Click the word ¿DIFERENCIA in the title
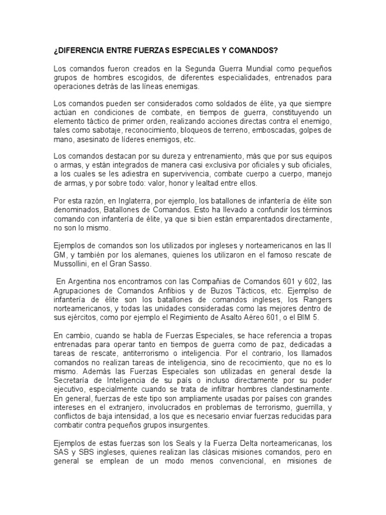click(81, 51)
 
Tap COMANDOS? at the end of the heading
click(252, 51)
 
